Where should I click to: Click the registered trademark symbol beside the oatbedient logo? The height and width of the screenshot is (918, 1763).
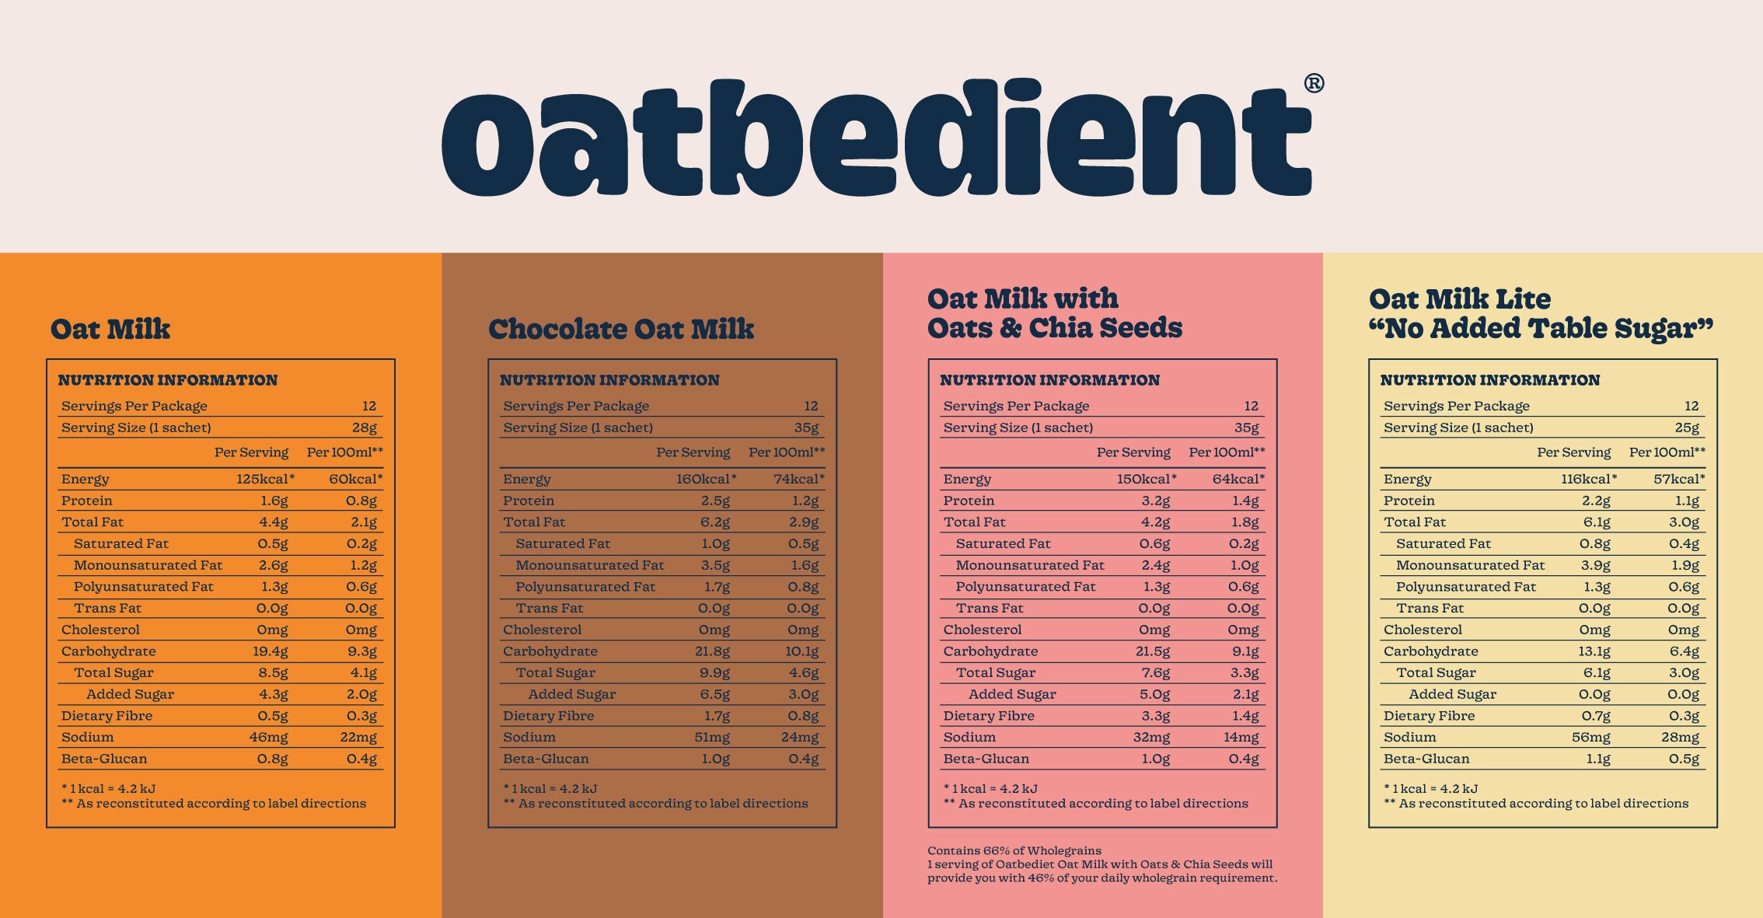[1314, 83]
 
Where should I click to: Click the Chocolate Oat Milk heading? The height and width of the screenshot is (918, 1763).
[620, 329]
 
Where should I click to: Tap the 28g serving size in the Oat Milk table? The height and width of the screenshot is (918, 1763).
[364, 428]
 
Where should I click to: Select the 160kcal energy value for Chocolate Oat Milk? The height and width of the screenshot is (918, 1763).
[705, 479]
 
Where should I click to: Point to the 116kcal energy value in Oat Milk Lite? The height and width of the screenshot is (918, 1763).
[1588, 479]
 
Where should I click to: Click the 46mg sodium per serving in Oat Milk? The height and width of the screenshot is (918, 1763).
[268, 737]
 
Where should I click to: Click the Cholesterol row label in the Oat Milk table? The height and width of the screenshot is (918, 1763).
[100, 630]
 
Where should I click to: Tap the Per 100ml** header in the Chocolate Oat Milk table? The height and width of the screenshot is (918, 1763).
[786, 452]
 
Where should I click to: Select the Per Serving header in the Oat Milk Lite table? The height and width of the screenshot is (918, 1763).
[1573, 452]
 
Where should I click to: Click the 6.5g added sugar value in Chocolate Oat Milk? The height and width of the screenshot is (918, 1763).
[714, 694]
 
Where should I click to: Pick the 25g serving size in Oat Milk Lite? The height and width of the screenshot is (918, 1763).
[1687, 428]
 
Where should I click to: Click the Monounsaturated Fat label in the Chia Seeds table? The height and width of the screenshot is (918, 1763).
[1029, 565]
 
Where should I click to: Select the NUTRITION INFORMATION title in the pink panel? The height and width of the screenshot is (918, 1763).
[1049, 380]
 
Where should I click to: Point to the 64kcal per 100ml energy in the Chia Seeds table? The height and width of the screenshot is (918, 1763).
[1238, 479]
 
